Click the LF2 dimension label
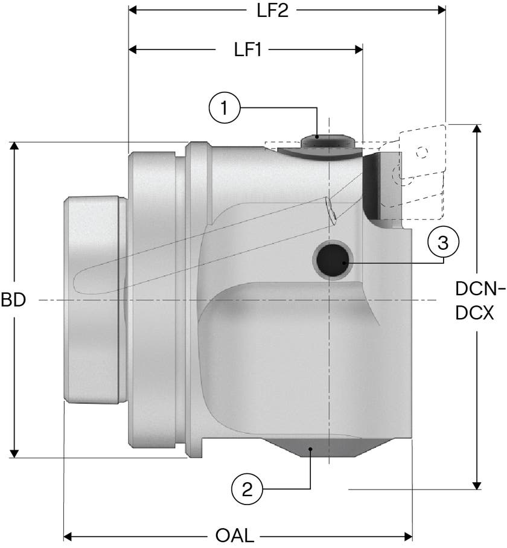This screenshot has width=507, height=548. click(x=273, y=10)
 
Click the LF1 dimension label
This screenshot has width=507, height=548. click(x=247, y=50)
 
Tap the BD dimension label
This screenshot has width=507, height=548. click(x=13, y=300)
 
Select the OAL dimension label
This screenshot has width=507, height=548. click(x=234, y=535)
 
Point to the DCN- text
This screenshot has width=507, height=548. click(x=480, y=288)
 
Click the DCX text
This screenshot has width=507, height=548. click(x=474, y=313)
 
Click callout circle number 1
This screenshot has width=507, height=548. click(x=225, y=107)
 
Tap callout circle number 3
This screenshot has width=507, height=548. click(x=443, y=242)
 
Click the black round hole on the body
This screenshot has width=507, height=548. click(x=333, y=260)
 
